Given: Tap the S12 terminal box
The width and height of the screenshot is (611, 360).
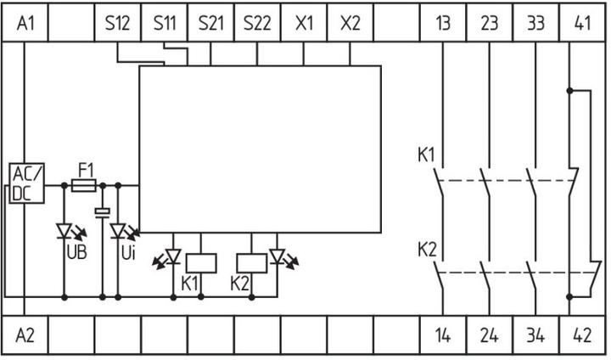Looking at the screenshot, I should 117,24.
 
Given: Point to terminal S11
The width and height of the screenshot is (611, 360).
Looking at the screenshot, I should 164,24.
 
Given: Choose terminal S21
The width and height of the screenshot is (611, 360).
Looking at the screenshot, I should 210,24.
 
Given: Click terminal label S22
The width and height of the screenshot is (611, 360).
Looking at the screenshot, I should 257,24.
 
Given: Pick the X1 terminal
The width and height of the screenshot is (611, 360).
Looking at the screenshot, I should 304,24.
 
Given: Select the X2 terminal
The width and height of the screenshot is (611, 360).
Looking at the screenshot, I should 350,24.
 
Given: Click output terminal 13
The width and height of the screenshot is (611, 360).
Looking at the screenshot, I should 443,24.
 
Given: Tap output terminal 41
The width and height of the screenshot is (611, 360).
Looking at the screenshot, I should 583,24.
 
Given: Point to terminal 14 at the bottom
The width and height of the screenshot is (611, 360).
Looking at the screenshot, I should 443,335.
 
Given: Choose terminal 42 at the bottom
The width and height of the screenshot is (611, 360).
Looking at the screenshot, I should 583,335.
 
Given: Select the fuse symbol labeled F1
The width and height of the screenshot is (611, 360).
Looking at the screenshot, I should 83,183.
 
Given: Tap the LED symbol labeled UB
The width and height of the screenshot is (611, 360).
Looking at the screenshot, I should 65,230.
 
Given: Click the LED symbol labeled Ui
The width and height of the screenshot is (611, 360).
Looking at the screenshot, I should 118,230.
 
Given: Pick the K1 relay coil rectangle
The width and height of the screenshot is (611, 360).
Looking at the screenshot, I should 199,262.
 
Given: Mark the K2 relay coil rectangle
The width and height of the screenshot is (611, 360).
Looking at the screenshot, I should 251,262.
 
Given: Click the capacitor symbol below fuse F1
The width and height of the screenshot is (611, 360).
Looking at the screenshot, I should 102,211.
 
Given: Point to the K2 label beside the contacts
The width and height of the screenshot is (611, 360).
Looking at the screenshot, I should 425,250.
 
